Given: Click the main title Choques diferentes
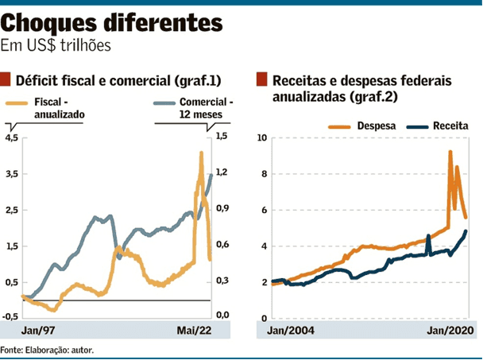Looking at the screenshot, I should click(x=111, y=23).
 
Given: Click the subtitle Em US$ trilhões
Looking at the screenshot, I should click(x=56, y=46).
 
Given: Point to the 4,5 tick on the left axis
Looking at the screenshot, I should click(x=11, y=137).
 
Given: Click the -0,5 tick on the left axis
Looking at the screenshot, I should click(x=10, y=315).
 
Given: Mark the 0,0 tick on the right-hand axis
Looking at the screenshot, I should click(x=222, y=315).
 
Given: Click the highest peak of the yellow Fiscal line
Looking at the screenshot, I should click(x=201, y=153).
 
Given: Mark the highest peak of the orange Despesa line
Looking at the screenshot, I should click(x=450, y=152).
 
